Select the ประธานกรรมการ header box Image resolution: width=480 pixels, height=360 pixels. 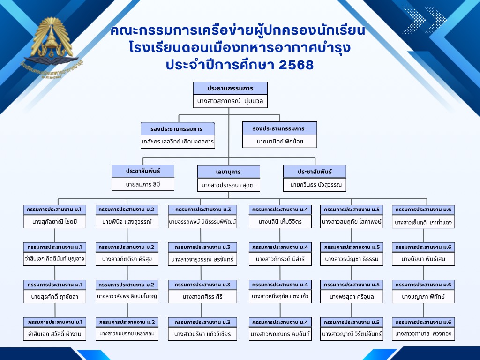[230, 88]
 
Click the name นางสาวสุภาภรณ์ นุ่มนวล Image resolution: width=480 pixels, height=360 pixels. [230, 101]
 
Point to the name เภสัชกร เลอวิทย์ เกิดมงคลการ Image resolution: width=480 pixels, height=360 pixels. [178, 141]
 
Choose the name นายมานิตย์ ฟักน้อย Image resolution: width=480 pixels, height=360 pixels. [279, 141]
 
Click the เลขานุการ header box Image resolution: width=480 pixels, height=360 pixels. [228, 172]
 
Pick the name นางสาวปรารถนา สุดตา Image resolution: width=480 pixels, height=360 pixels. [228, 185]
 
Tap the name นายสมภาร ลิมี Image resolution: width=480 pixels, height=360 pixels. [143, 184]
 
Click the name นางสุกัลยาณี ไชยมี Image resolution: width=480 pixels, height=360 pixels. [55, 221]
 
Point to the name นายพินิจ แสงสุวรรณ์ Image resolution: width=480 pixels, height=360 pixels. [127, 221]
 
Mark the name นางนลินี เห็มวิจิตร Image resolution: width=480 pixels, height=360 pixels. [280, 221]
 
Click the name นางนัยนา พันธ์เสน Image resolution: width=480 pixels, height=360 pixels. [423, 258]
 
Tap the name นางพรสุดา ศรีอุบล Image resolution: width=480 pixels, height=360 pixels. [352, 296]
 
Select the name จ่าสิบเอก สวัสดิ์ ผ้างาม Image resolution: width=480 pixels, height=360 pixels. [55, 334]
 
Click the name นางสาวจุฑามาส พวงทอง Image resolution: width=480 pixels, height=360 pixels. [423, 334]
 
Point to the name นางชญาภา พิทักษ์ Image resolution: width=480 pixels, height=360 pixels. [423, 296]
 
